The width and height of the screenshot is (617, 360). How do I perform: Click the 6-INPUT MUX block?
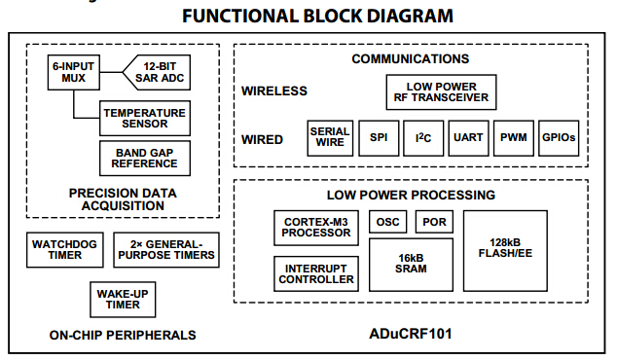[x=74, y=72]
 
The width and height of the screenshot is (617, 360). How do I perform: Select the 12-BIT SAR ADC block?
[x=157, y=72]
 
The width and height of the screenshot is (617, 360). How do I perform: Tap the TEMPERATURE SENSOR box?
[x=145, y=119]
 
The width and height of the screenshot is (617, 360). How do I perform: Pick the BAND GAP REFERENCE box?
[x=145, y=159]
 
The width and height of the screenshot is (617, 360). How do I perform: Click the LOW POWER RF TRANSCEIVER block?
[x=441, y=92]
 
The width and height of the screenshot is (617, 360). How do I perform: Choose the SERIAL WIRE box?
[x=330, y=138]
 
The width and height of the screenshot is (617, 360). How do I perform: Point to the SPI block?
[x=379, y=138]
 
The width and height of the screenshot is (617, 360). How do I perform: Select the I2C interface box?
[x=423, y=138]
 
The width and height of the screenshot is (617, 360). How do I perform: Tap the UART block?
[x=468, y=138]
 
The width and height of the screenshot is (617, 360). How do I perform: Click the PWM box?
[x=514, y=138]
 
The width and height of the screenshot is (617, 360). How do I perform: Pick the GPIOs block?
[x=559, y=138]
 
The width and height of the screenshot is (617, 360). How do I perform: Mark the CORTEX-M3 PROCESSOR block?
[x=316, y=228]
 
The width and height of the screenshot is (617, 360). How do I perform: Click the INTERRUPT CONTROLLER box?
[x=316, y=273]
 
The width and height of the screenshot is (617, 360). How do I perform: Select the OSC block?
[x=388, y=222]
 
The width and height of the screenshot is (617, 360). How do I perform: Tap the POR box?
[x=434, y=222]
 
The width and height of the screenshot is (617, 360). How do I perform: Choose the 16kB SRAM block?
[x=411, y=265]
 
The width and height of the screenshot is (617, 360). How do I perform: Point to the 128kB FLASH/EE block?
[x=505, y=251]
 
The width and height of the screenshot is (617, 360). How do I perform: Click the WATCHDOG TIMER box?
[x=65, y=250]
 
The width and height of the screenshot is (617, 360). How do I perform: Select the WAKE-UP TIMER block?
[x=123, y=300]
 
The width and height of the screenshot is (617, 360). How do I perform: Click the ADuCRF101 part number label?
[x=411, y=334]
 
